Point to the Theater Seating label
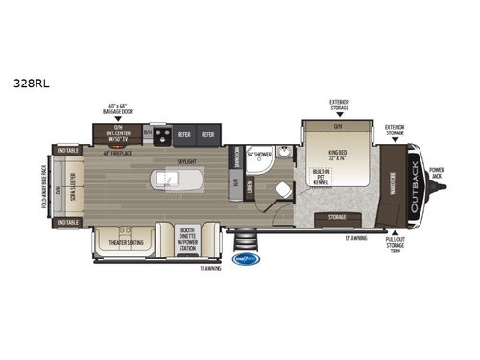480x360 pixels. pos(123,242)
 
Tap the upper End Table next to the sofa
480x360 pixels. pos(67,151)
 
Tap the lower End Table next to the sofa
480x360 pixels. pos(67,223)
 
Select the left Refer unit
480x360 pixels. pos(182,135)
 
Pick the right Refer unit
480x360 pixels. pos(206,135)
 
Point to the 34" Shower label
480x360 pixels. pos(258,154)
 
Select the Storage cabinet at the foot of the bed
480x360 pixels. pos(337,218)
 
